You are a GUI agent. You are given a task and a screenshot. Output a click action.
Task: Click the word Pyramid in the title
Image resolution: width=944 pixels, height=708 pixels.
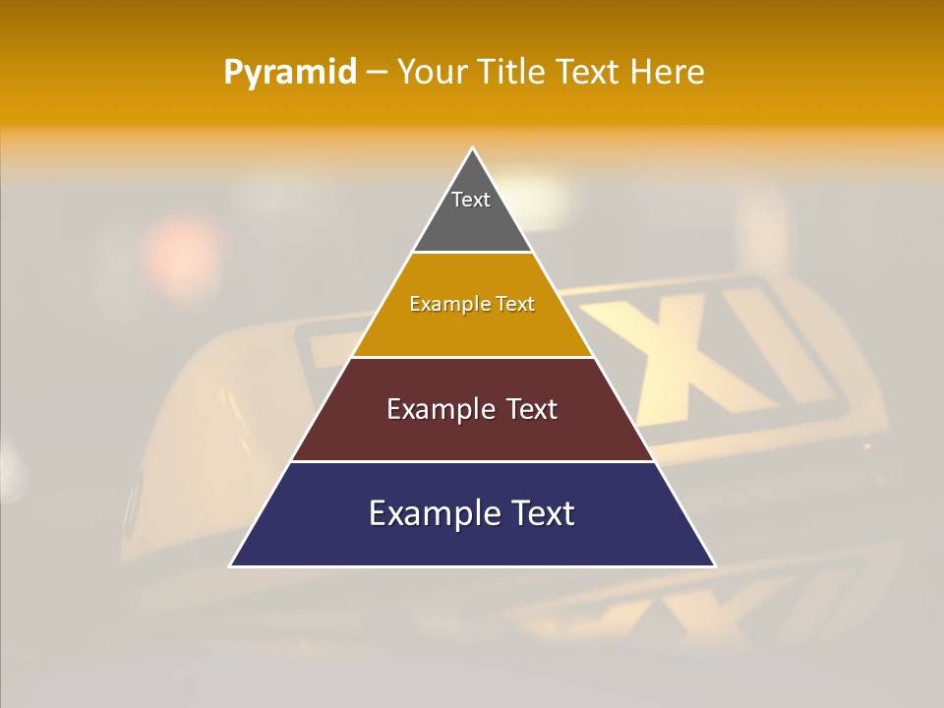point(290,73)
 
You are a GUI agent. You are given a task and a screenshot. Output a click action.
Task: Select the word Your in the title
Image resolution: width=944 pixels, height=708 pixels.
point(432,72)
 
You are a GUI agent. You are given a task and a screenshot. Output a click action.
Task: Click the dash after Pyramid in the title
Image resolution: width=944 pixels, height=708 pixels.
point(377,73)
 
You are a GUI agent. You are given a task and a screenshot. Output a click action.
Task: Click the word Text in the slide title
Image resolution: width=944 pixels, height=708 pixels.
point(589,72)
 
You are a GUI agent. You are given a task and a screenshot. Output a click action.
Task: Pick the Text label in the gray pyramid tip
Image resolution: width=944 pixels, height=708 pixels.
point(471,200)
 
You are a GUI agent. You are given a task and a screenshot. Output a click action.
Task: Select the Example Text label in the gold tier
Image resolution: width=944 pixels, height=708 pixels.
point(472,305)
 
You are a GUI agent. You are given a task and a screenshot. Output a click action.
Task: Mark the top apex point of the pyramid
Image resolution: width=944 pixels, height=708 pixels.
point(473,148)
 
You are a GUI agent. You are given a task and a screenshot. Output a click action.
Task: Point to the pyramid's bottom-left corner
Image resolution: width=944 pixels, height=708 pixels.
point(231,565)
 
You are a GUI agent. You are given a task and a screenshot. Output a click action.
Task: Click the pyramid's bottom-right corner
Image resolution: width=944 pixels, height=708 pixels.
point(714,565)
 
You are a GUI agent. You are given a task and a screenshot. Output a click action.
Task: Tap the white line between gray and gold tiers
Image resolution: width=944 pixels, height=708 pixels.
point(472,253)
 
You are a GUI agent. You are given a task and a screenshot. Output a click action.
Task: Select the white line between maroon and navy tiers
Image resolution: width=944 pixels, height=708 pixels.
point(472,461)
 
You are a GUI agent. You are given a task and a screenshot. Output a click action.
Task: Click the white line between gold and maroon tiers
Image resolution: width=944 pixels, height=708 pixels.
point(472,357)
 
